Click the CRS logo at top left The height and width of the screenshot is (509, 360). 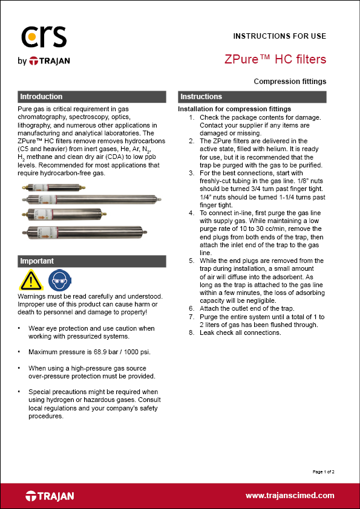43,37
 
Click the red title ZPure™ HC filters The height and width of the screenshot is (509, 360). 275,59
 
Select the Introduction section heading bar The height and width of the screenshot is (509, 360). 91,97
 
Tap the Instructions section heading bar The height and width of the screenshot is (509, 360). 251,97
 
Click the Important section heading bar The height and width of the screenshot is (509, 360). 91,261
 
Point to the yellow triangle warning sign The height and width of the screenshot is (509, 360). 31,280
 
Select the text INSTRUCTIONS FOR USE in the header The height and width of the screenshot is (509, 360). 280,36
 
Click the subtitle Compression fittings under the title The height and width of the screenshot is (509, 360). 290,81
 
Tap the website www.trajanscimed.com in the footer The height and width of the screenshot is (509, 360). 290,496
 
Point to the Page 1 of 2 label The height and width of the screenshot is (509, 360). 323,471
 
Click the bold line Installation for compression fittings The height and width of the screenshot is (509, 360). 235,109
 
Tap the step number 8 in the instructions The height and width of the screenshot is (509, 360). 192,333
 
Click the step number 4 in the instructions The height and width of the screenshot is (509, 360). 192,213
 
